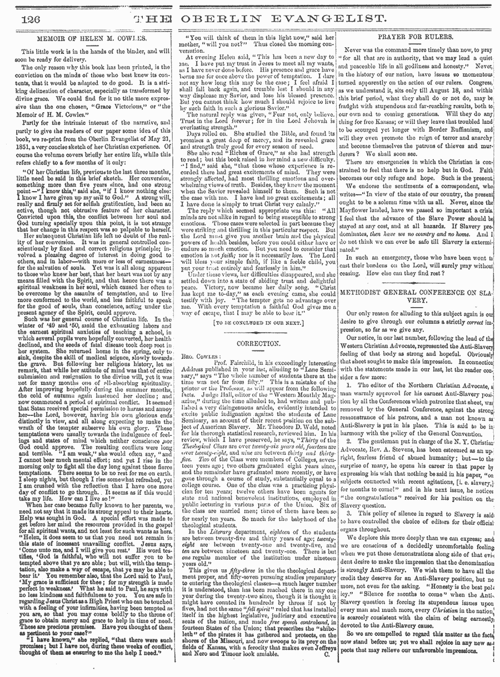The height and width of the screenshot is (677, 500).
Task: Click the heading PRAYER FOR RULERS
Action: pos(418,39)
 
